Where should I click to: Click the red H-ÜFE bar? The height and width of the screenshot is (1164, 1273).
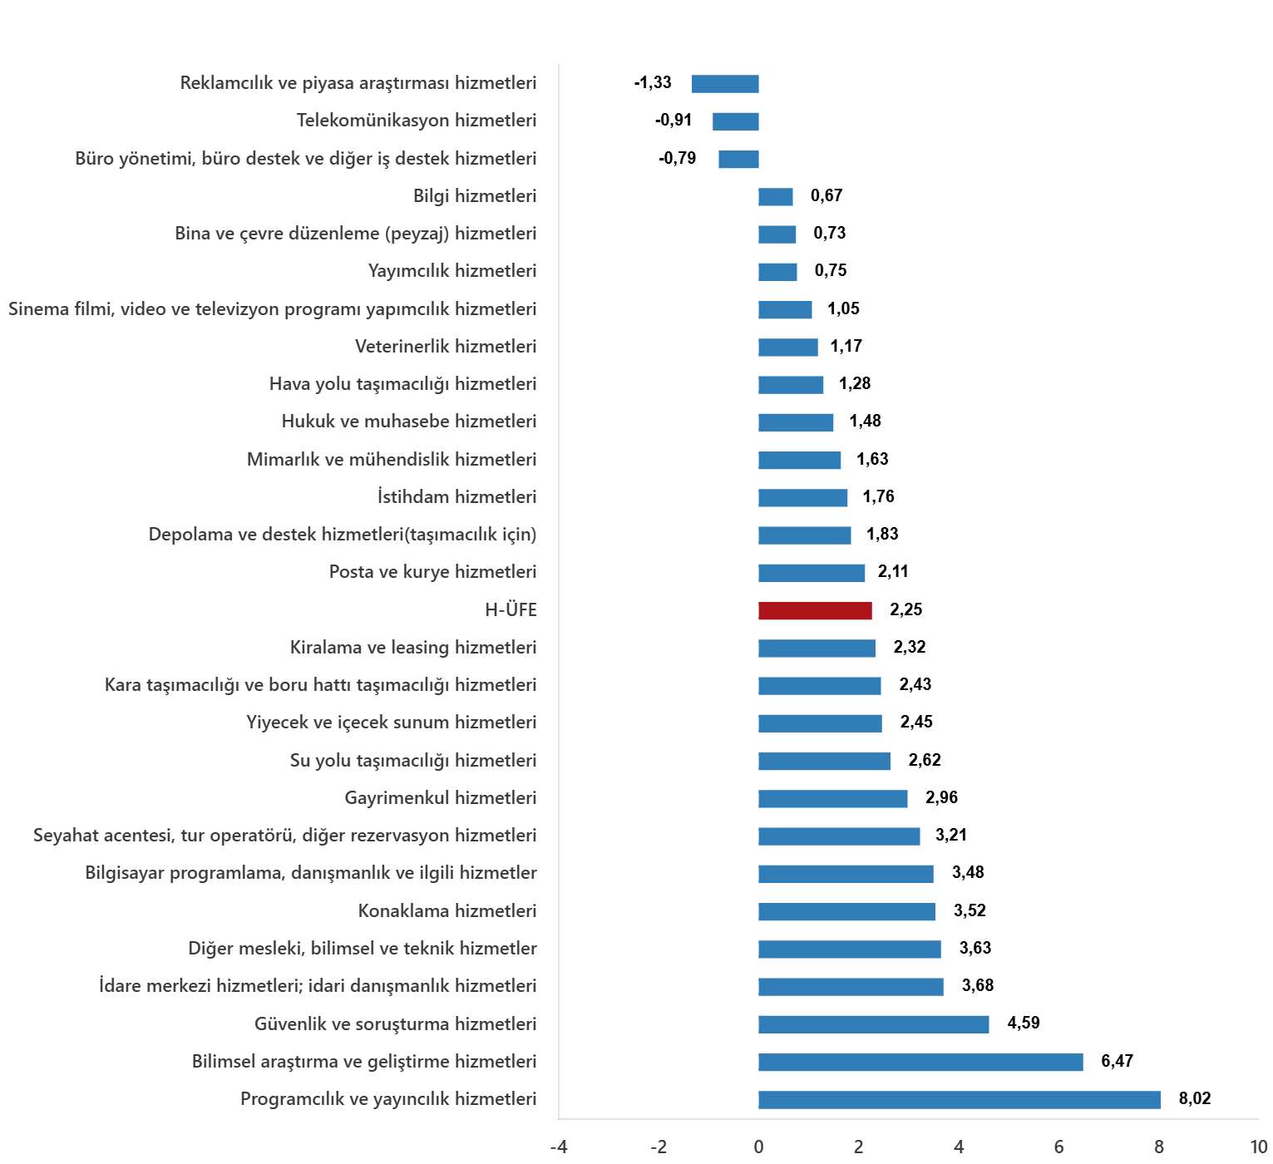(815, 610)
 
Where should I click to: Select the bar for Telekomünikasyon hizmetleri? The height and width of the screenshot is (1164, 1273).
(736, 121)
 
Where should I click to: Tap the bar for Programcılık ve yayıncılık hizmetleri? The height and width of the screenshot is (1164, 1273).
(960, 1100)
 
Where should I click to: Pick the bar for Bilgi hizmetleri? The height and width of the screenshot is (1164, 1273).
(776, 197)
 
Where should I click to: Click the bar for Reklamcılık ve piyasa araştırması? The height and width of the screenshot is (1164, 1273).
(725, 84)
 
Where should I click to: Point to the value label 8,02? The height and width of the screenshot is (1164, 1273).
(1195, 1098)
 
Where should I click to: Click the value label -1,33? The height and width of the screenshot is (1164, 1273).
(653, 82)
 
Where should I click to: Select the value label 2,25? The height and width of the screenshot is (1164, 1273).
(906, 609)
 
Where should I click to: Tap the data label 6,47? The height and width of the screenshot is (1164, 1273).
(1118, 1061)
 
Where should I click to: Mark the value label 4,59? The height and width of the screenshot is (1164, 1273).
(1024, 1023)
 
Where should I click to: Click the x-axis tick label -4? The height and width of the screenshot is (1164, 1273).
(559, 1147)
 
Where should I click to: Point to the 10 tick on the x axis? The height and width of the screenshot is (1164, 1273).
(1259, 1147)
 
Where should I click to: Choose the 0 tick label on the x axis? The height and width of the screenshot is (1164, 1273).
(758, 1147)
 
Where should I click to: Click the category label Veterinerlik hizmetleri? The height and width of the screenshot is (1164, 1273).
(446, 347)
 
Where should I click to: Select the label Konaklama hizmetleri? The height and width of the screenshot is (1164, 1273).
(447, 910)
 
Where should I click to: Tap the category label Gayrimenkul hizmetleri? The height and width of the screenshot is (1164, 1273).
(441, 798)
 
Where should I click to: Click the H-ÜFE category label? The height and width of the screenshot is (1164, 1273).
(511, 610)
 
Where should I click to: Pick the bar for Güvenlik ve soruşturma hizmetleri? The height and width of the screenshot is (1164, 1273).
(874, 1024)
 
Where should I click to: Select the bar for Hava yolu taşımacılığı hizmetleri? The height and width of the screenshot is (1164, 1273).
(791, 385)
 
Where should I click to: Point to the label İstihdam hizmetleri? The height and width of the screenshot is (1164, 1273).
(457, 497)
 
